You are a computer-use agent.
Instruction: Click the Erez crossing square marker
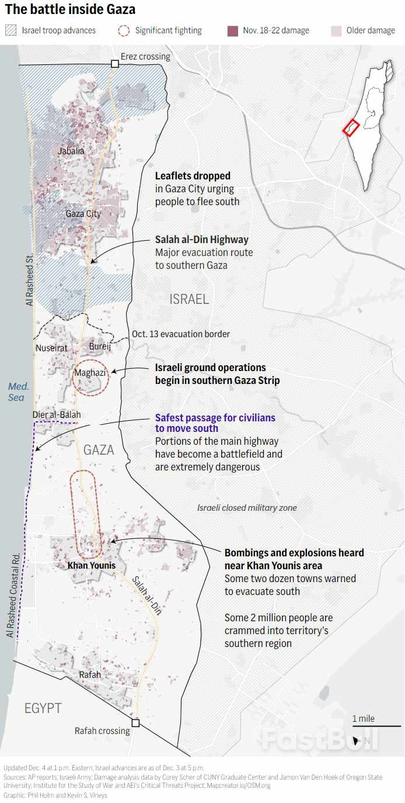115,64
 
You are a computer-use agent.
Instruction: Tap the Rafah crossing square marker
135,723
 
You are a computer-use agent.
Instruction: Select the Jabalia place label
71,151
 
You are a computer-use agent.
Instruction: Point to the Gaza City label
83,214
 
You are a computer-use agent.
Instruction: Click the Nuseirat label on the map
51,348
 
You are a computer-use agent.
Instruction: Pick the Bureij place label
99,347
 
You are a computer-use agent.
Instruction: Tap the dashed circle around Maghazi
91,378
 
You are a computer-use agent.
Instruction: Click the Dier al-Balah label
57,415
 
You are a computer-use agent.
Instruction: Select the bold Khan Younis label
92,566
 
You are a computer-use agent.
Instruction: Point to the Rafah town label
90,674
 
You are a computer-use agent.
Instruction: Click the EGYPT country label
43,709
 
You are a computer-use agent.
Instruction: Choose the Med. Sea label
18,392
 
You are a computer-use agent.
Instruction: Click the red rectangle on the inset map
350,128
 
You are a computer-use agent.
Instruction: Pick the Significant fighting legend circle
124,31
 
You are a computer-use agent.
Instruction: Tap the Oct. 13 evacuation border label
181,334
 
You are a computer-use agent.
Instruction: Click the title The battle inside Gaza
70,10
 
